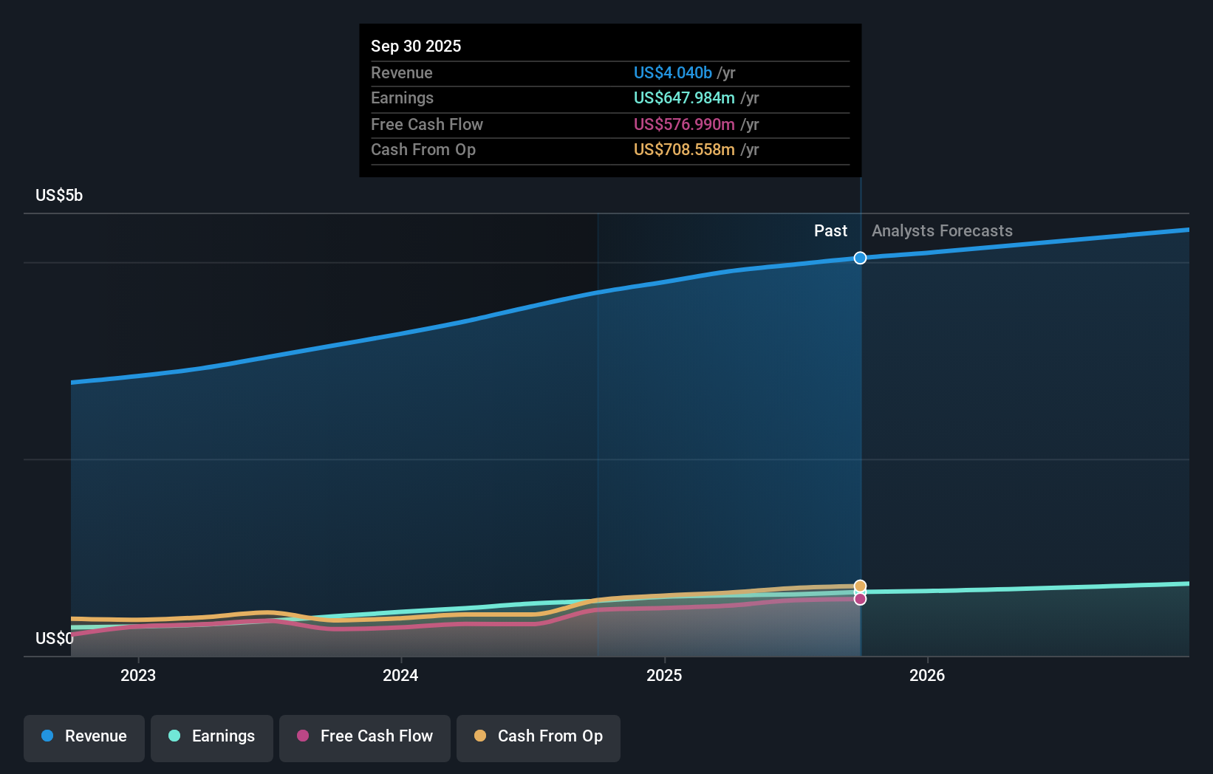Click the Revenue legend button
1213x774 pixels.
point(84,737)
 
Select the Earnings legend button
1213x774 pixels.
point(212,737)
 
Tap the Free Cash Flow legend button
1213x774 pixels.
point(365,737)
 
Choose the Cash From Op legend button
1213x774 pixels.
point(539,737)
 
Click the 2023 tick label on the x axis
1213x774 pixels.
point(138,675)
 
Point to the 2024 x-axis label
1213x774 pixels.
point(400,675)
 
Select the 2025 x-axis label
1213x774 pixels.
point(664,675)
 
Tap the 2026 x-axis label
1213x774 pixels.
point(927,675)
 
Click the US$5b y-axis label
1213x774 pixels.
point(59,196)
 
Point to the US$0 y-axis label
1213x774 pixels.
point(54,638)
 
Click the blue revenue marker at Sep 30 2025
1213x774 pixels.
point(860,258)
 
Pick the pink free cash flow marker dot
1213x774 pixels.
point(860,599)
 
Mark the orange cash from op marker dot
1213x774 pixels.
point(860,586)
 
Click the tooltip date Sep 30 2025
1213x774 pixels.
point(416,46)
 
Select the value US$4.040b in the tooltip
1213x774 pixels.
point(672,72)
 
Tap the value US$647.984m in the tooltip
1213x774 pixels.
point(684,98)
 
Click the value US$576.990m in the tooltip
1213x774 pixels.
point(684,124)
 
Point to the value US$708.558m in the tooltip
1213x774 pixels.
point(684,150)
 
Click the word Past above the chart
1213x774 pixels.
point(830,231)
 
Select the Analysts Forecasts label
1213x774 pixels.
point(942,231)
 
